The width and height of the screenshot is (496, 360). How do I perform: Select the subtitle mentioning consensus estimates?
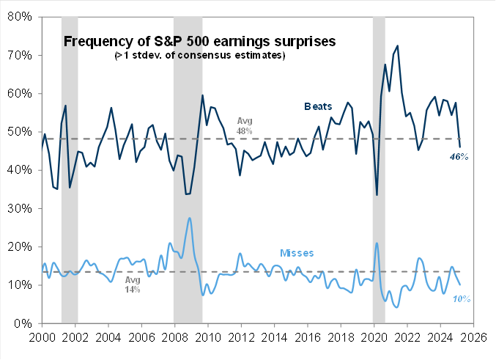[199, 56]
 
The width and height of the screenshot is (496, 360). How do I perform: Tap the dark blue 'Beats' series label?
[317, 106]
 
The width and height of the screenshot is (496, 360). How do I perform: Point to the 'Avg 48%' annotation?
[244, 125]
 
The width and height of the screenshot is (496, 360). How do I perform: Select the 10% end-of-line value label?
[460, 298]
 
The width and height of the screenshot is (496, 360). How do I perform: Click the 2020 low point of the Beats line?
[377, 194]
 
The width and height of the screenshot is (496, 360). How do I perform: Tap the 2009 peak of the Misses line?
[190, 218]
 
